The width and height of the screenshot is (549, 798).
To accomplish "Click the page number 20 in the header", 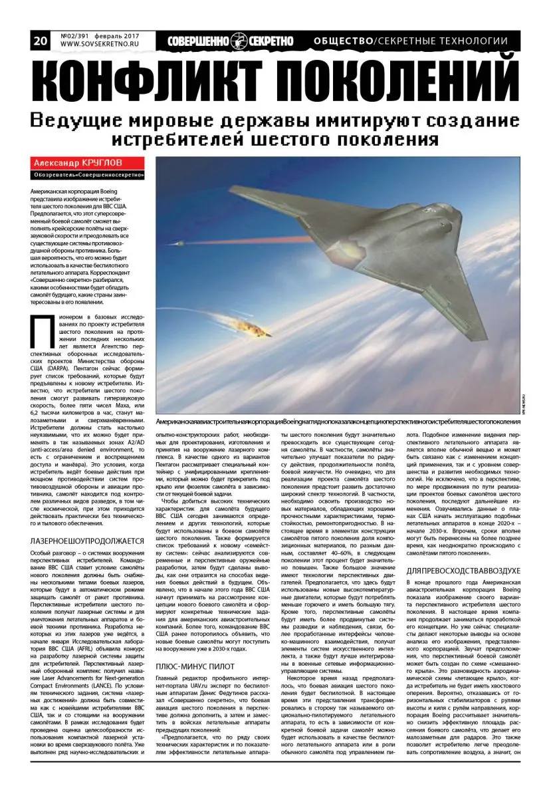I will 40,41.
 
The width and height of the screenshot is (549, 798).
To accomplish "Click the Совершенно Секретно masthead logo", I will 230,41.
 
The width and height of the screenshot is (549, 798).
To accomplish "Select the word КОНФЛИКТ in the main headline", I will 156,83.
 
